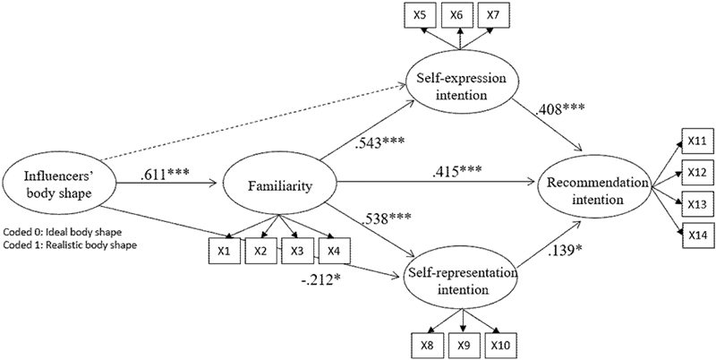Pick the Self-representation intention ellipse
tap(461, 280)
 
